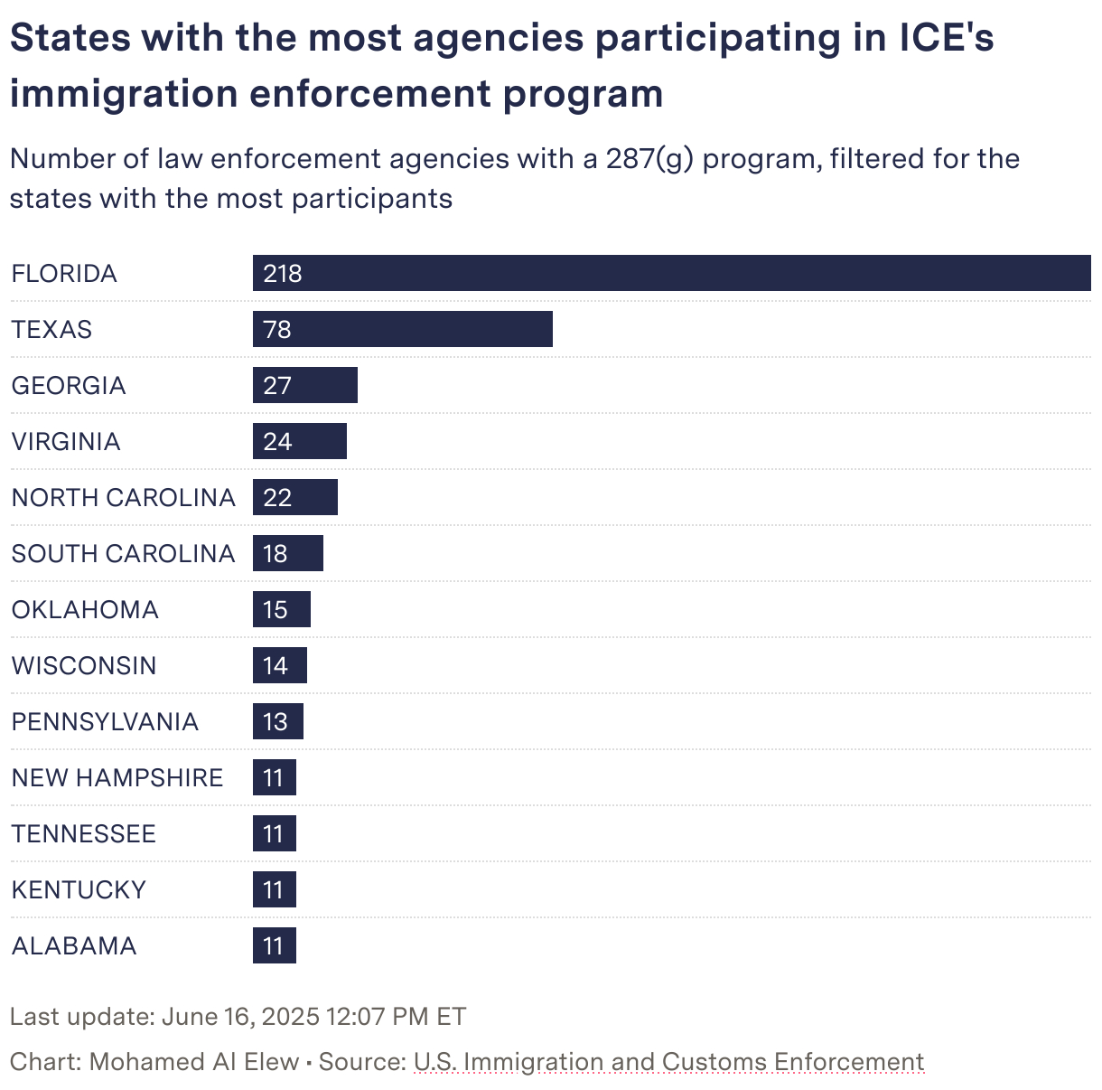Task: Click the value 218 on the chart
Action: coord(282,274)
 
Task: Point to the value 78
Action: coord(277,330)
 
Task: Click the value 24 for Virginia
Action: coord(277,442)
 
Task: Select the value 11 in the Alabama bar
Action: coord(274,946)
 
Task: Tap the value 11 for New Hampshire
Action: coord(274,778)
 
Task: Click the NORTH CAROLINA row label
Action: coord(123,498)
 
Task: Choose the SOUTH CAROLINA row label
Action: coord(123,554)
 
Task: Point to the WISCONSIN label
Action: coord(84,666)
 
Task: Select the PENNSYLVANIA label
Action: coord(105,722)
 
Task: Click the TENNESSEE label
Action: coord(84,834)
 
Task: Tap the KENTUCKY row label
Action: coord(79,890)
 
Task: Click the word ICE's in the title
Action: coord(946,38)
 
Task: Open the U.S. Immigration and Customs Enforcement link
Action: coord(668,1062)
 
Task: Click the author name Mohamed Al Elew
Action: coord(194,1062)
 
